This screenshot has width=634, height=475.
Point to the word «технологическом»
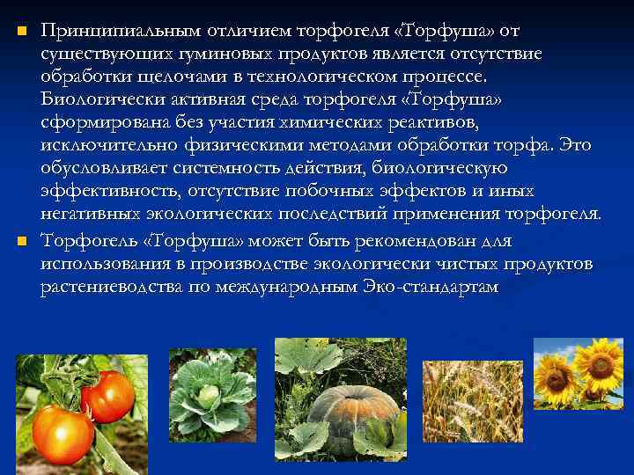[x=299, y=77]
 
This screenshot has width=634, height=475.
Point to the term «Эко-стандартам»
[x=431, y=287]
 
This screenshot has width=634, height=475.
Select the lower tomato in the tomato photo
[x=63, y=432]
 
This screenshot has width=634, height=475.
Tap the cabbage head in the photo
[x=210, y=396]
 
